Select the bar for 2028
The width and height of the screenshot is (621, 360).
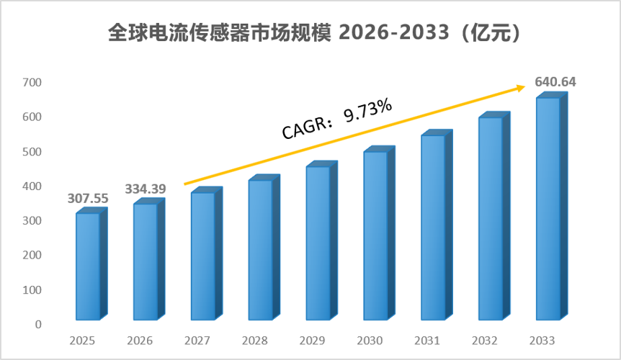pyautogui.click(x=264, y=247)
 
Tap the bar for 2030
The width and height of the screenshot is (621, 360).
pyautogui.click(x=379, y=233)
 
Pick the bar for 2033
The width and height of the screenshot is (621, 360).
pyautogui.click(x=552, y=206)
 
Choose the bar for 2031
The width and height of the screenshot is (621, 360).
pyautogui.click(x=437, y=225)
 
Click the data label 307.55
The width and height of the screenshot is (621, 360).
pyautogui.click(x=88, y=198)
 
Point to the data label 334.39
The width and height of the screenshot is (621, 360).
pyautogui.click(x=146, y=189)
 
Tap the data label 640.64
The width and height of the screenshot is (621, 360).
pyautogui.click(x=555, y=81)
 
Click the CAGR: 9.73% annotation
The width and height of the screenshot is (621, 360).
pyautogui.click(x=337, y=118)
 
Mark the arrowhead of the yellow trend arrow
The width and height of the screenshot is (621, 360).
pyautogui.click(x=522, y=87)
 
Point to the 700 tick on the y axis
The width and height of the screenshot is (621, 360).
pyautogui.click(x=32, y=82)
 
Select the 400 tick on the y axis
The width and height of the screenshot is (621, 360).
pyautogui.click(x=32, y=186)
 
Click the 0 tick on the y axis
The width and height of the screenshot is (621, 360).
pyautogui.click(x=38, y=325)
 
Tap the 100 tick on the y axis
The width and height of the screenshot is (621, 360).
pyautogui.click(x=32, y=290)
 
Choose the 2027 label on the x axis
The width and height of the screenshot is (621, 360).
pyautogui.click(x=197, y=341)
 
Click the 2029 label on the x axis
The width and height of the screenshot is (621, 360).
pyautogui.click(x=312, y=341)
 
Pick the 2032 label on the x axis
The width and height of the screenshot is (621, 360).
pyautogui.click(x=485, y=341)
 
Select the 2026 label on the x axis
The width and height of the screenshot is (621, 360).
pyautogui.click(x=140, y=341)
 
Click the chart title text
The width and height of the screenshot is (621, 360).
pyautogui.click(x=314, y=32)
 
